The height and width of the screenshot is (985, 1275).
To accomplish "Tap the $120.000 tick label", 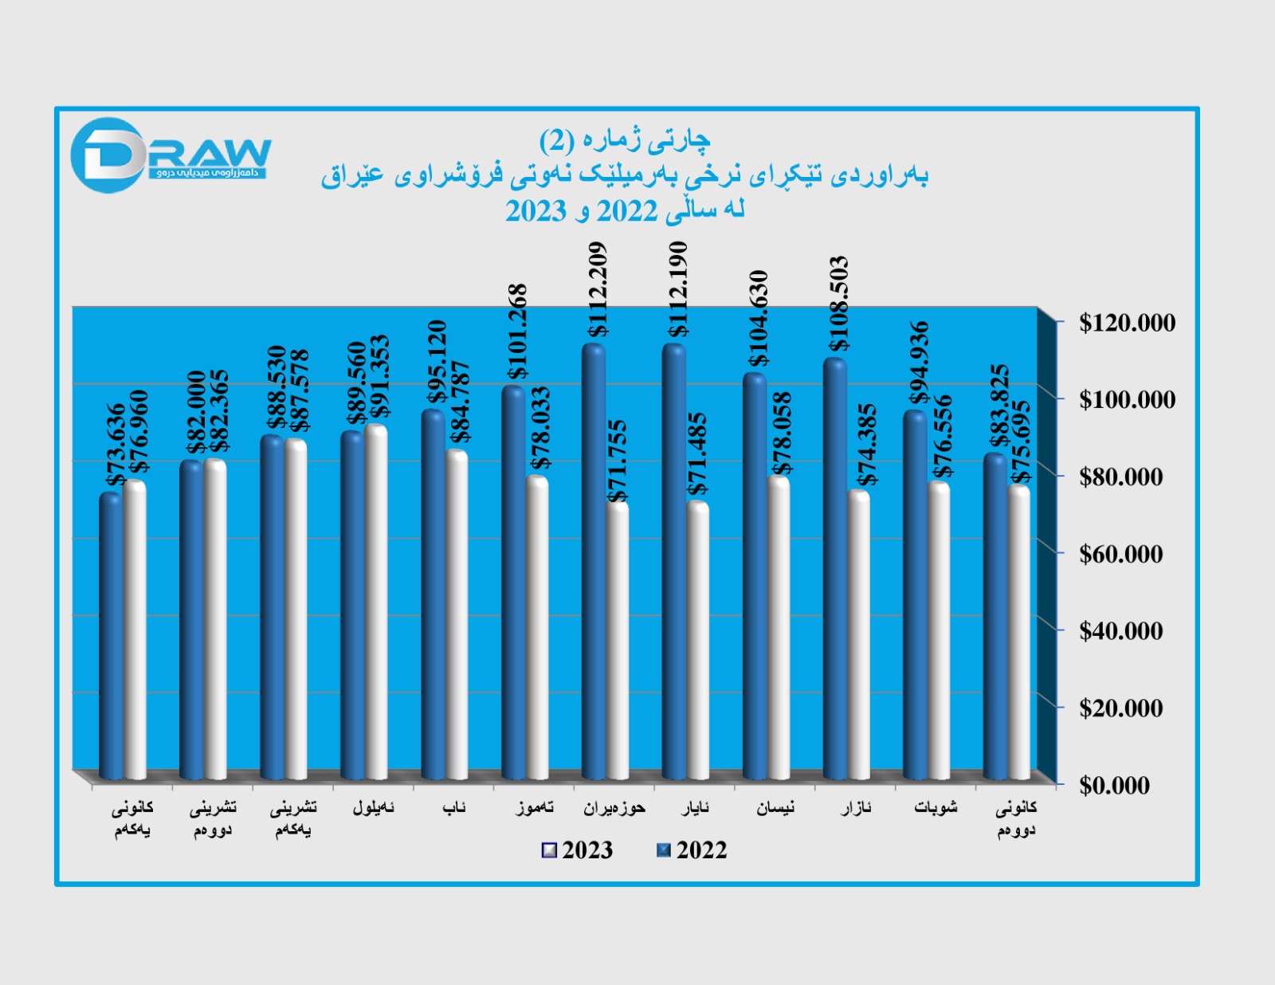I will (1127, 323).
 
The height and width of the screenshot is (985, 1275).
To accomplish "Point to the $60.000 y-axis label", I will (1120, 554).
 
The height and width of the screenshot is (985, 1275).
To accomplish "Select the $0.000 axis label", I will (1114, 785).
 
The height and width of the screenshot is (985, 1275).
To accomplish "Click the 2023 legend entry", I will (578, 850).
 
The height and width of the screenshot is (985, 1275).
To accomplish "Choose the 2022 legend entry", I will (692, 850).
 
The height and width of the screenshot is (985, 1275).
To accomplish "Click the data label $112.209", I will (598, 289).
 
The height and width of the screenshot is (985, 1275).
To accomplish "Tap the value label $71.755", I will (618, 461).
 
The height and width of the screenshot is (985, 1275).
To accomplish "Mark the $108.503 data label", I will (839, 304).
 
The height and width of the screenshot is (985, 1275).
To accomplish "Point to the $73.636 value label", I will (116, 445).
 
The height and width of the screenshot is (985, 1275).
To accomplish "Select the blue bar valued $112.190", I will (674, 558).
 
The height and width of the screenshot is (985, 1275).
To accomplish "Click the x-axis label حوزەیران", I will (614, 808).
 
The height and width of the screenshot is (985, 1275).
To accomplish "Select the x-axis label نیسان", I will (775, 808).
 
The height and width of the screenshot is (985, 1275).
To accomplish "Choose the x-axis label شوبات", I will (936, 808).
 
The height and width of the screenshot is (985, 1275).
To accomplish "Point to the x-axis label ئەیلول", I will (373, 808).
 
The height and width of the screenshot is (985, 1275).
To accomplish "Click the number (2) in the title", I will (556, 141).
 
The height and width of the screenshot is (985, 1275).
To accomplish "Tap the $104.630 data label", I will (759, 318).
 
